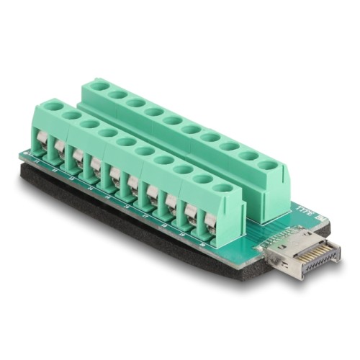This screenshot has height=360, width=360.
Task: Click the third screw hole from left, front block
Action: [89, 124]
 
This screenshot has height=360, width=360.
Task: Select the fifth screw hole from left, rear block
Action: [172, 120]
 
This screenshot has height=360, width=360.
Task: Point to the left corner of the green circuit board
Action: [22, 156]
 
